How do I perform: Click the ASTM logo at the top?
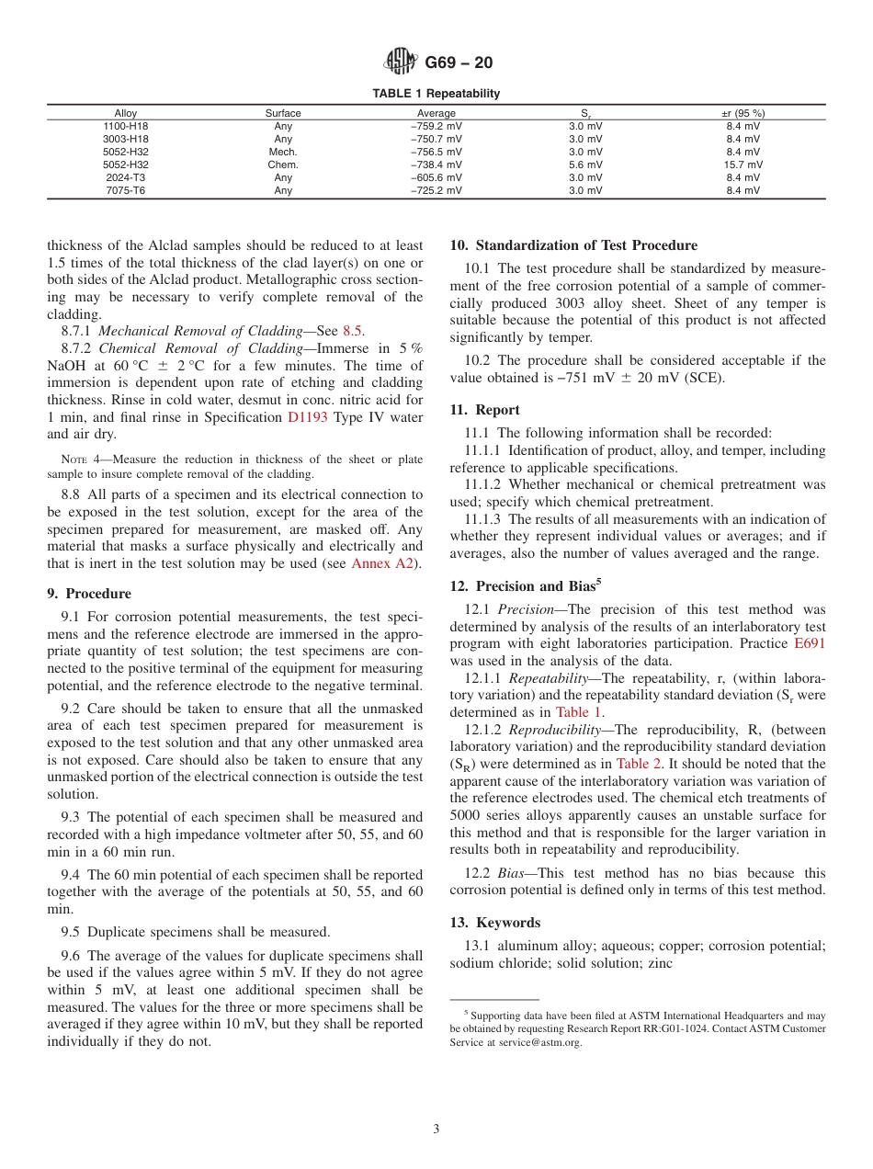[400, 62]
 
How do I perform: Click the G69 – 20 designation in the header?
[459, 63]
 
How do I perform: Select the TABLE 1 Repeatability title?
[436, 94]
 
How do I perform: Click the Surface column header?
[283, 113]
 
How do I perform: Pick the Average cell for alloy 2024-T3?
[436, 177]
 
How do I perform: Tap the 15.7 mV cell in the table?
[743, 165]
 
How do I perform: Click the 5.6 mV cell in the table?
[584, 165]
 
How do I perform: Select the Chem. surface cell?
[283, 165]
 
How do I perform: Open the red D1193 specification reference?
[307, 417]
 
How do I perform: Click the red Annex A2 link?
[385, 563]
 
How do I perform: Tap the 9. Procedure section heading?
[89, 594]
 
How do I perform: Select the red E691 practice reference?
[809, 643]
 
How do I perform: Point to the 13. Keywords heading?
[494, 923]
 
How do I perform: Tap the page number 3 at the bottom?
[436, 1129]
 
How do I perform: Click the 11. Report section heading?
[484, 410]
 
